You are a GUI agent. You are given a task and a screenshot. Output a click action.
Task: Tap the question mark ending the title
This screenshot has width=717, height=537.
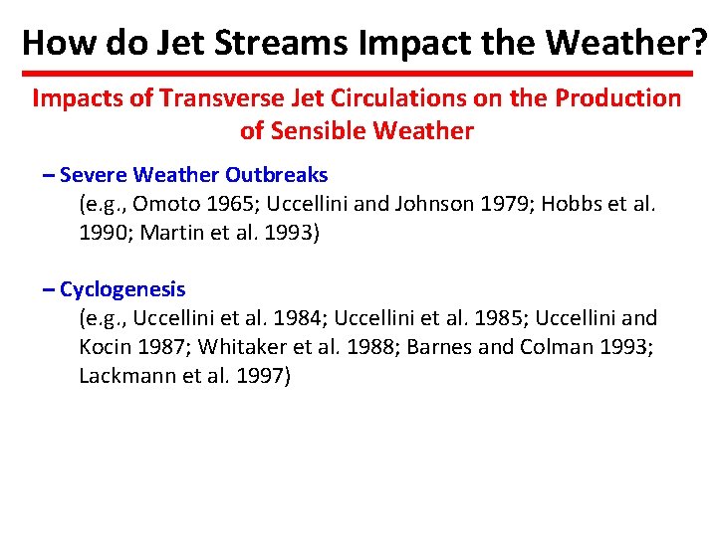tap(699, 42)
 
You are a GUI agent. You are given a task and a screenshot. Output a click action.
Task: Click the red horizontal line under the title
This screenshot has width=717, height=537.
tap(358, 74)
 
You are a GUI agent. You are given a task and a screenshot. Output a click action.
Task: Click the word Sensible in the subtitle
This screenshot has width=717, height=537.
tap(329, 131)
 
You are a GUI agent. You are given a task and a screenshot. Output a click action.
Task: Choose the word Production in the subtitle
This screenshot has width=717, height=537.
tap(617, 98)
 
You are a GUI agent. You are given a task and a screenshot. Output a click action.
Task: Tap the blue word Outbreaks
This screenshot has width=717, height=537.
tap(276, 175)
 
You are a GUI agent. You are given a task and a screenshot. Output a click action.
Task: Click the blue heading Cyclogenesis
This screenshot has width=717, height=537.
tap(122, 289)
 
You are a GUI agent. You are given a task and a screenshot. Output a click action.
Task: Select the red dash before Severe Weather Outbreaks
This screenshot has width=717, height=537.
tap(50, 175)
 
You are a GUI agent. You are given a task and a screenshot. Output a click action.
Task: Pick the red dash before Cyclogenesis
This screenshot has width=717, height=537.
tap(50, 289)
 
